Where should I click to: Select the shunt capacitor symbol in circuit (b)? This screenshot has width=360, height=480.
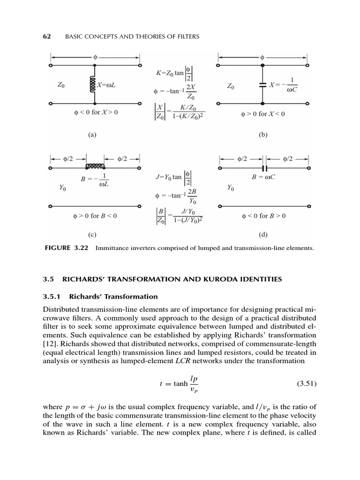[x=262, y=86]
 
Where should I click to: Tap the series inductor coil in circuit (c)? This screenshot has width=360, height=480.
[x=95, y=166]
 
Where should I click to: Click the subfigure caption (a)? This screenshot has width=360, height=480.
[x=92, y=135]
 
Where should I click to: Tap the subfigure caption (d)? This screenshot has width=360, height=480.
[x=262, y=234]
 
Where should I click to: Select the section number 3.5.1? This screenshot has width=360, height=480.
[x=52, y=296]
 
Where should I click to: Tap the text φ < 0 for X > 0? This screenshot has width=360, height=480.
[x=92, y=112]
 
